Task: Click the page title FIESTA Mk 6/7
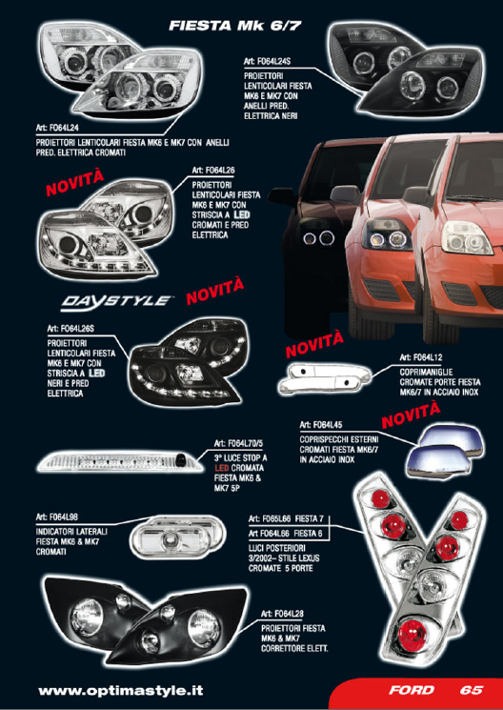[x=234, y=26]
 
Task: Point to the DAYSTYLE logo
[x=117, y=300]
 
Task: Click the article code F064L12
[x=427, y=357]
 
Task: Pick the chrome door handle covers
[x=323, y=380]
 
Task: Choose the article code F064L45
[x=327, y=425]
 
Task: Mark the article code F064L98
[x=63, y=517]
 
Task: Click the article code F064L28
[x=288, y=614]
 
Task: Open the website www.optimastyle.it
[x=121, y=691]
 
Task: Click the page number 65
[x=472, y=690]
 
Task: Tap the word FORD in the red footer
[x=412, y=690]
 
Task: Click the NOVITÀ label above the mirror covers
[x=411, y=415]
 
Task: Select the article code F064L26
[x=219, y=171]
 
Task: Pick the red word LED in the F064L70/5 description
[x=222, y=468]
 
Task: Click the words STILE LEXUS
[x=295, y=558]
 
